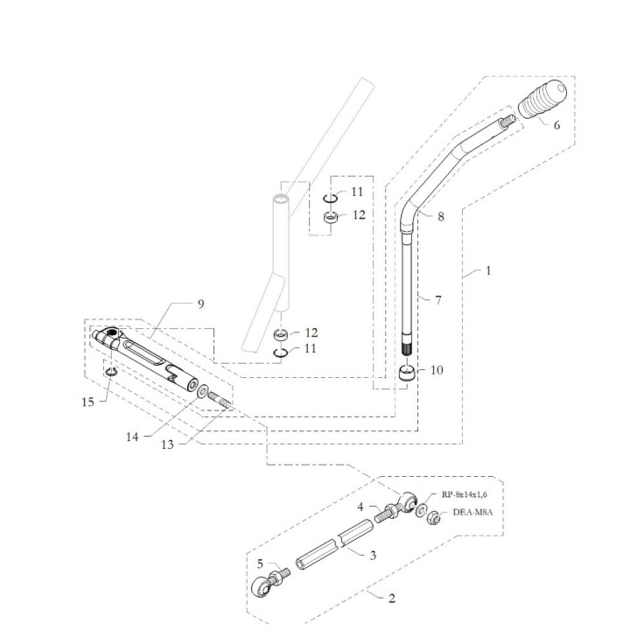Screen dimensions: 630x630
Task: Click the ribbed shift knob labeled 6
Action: click(542, 100)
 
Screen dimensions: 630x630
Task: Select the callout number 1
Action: click(488, 270)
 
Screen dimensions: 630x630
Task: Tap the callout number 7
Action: click(438, 300)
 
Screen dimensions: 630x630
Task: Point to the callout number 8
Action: click(441, 217)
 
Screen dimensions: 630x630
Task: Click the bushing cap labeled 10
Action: click(408, 374)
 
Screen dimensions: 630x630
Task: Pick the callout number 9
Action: click(201, 304)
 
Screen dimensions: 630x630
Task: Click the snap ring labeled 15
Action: click(110, 373)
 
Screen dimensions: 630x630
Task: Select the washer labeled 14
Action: click(202, 391)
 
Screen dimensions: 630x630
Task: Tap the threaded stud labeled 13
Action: click(219, 400)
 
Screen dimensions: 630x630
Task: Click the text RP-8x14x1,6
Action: click(464, 494)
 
